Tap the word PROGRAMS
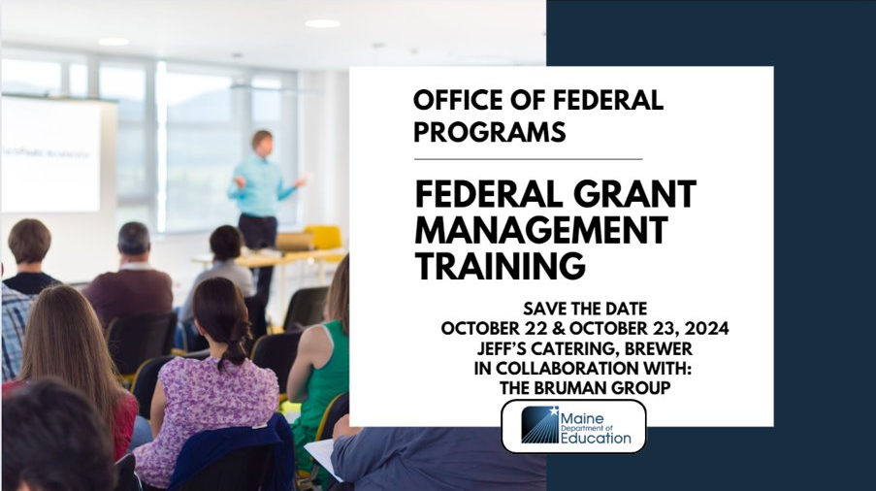tap(489, 132)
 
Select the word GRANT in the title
tap(634, 194)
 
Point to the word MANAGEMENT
tap(540, 230)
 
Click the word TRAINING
tap(500, 266)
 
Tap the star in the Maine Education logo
tap(553, 411)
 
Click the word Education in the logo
tap(596, 439)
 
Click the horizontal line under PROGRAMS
tap(528, 159)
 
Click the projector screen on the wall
tap(51, 154)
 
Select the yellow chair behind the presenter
tap(323, 238)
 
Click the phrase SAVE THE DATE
tap(585, 309)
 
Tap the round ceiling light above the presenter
tap(322, 23)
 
